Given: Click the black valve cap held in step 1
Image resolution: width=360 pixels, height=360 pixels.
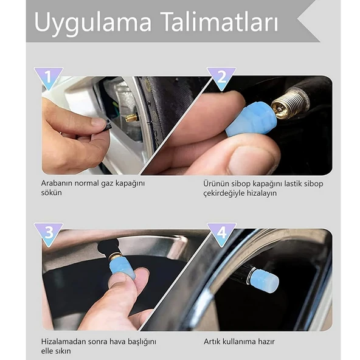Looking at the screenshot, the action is (x=107, y=128).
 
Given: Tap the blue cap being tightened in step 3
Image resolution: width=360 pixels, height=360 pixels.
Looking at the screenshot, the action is (x=122, y=268).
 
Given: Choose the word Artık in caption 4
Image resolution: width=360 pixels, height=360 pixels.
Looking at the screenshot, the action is (x=211, y=341).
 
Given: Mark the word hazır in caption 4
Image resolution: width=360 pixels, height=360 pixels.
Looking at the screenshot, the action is (x=266, y=341).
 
